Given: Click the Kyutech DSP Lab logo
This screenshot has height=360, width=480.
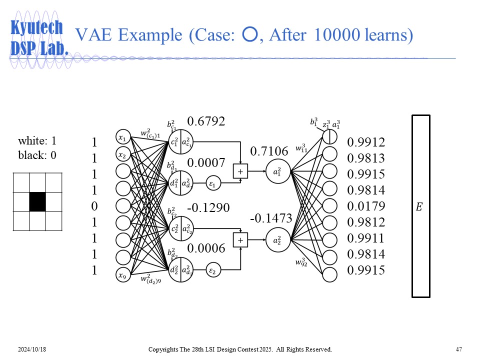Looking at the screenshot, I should (x=39, y=38).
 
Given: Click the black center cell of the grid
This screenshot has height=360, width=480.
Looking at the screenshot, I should (x=37, y=201).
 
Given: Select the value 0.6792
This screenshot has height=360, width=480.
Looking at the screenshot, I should (x=206, y=121).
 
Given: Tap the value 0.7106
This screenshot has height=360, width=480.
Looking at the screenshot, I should (x=269, y=151).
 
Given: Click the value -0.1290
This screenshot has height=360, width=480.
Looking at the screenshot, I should (x=208, y=206).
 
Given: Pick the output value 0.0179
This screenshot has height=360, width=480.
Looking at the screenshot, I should (x=366, y=206).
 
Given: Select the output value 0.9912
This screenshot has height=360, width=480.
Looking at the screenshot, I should (x=366, y=142).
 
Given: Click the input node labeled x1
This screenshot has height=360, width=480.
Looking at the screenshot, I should (x=122, y=137).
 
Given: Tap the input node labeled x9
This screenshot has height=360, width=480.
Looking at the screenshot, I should (x=122, y=274).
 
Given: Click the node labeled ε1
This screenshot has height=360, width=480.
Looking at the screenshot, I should (x=212, y=184).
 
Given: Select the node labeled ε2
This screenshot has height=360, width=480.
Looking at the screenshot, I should (x=212, y=271).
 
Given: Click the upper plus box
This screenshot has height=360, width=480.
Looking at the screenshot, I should (x=240, y=171).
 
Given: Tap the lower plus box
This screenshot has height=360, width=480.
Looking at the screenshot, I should (x=240, y=240).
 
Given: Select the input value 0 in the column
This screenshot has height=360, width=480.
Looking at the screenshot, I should (x=94, y=206).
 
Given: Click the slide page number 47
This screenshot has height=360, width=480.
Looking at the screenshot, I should (x=458, y=349).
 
